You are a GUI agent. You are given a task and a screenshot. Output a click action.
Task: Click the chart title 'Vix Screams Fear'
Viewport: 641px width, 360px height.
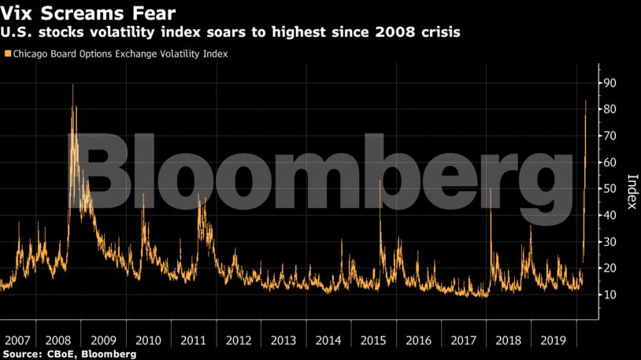[x=88, y=13]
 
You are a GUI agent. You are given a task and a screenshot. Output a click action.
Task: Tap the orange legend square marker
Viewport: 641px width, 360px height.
[x=8, y=54]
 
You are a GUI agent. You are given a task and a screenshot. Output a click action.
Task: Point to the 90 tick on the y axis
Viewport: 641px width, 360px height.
[x=610, y=84]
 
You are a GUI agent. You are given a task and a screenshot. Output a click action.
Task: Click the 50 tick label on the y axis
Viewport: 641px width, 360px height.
[x=610, y=189]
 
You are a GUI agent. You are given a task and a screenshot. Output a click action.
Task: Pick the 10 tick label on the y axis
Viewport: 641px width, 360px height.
[x=610, y=295]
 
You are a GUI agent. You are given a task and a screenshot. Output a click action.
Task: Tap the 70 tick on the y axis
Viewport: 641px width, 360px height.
[x=610, y=136]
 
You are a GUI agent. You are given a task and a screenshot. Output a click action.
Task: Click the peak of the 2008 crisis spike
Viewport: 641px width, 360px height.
[x=72, y=85]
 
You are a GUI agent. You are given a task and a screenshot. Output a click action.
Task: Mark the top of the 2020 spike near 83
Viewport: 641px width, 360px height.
[x=585, y=101]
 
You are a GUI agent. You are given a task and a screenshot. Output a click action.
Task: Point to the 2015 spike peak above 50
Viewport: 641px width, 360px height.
[x=380, y=181]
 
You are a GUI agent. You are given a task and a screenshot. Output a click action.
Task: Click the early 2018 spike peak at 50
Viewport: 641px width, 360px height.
[x=491, y=189]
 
